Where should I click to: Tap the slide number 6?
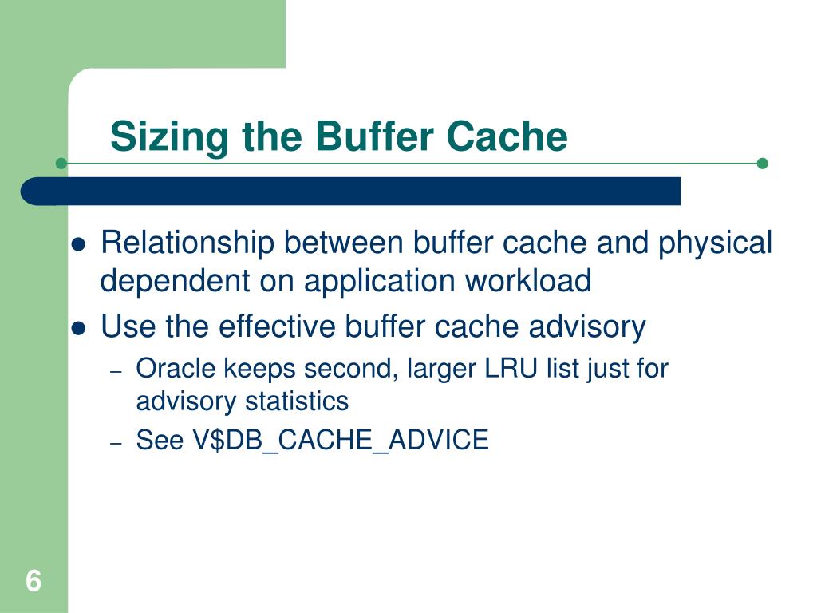coord(33,581)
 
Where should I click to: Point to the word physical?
coord(715,243)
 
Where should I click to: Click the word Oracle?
coord(176,369)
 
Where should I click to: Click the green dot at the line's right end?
coord(762,164)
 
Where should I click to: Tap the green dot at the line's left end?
coord(61,164)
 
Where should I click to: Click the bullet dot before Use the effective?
coord(78,328)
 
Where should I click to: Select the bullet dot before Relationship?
coord(78,244)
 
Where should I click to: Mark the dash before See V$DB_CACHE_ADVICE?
coord(116,442)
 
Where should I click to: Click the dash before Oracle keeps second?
coord(116,371)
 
